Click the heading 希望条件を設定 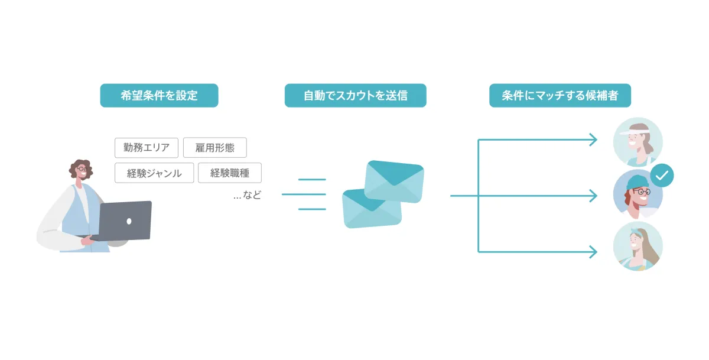159,95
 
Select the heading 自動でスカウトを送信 356,95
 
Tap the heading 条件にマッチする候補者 560,95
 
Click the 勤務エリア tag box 147,148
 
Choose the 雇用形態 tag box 215,148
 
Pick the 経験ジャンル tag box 154,173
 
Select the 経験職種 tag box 230,173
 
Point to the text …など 247,195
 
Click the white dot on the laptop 129,221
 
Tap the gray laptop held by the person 125,220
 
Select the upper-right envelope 394,181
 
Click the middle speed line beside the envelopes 304,194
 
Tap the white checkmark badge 662,176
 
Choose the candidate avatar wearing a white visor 638,142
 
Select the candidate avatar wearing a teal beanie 638,194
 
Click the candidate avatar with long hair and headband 638,246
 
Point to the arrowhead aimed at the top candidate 593,140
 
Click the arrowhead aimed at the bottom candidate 593,252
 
